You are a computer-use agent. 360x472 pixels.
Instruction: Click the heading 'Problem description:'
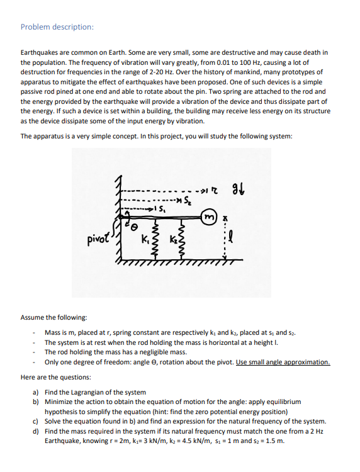[57, 27]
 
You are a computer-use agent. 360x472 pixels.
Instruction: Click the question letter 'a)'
[37, 392]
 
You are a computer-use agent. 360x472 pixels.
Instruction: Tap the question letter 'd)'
[37, 431]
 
